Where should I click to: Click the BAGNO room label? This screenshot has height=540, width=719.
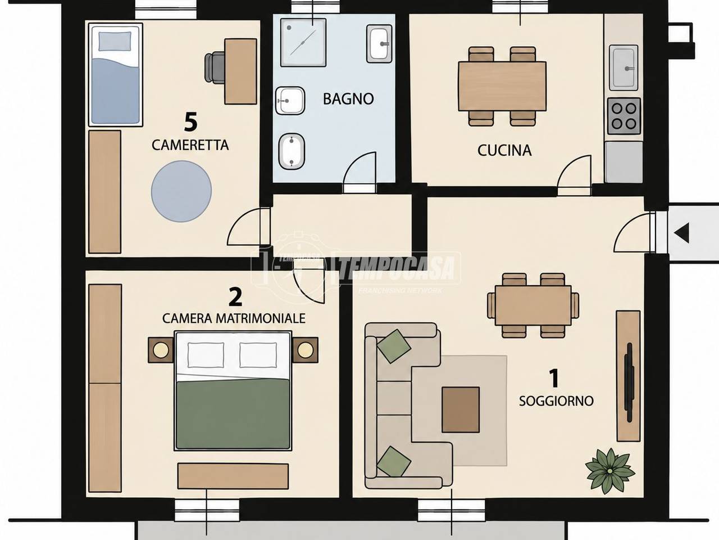(348, 99)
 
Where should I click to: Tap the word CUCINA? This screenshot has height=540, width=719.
(504, 151)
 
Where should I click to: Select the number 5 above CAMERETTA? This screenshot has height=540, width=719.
(191, 122)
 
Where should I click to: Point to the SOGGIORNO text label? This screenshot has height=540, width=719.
(556, 401)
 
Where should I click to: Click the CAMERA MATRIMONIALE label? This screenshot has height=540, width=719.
(234, 318)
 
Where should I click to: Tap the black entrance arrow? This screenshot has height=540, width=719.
(681, 232)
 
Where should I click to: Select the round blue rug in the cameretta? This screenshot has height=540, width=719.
(181, 191)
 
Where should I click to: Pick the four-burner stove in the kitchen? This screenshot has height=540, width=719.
(624, 116)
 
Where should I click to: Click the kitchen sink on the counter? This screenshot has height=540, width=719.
(624, 68)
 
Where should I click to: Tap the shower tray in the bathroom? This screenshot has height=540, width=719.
(303, 43)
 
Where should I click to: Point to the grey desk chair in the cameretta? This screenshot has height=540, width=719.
(214, 67)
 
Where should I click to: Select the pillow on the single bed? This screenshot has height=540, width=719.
(115, 41)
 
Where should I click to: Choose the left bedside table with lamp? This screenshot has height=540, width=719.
(161, 350)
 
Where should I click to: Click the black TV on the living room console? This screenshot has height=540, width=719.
(629, 382)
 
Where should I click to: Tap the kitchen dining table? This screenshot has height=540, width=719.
(502, 86)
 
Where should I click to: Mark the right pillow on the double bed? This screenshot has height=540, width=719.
(258, 355)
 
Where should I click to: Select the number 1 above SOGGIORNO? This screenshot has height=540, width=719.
(554, 378)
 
